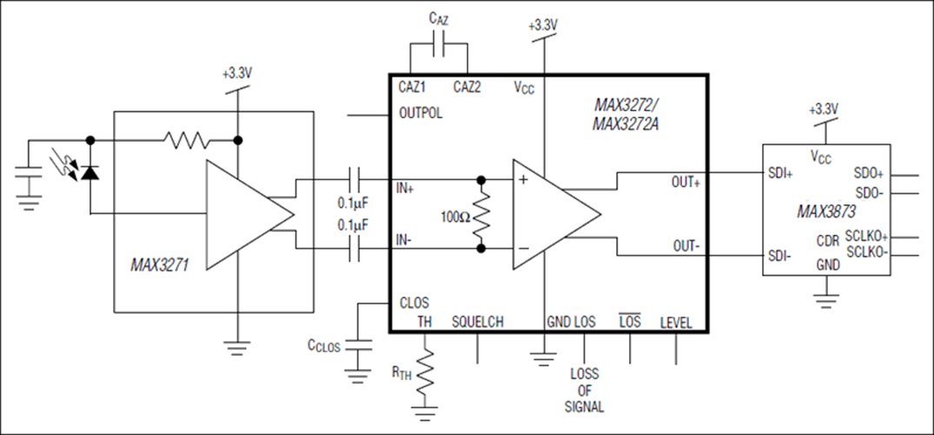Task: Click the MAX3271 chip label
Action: (159, 264)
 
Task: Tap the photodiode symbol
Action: (90, 173)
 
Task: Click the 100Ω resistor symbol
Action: (480, 214)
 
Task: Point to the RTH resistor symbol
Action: (426, 371)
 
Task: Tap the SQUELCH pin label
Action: (478, 322)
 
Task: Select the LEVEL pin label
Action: (676, 323)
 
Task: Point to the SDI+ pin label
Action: (780, 174)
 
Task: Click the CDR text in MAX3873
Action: (828, 241)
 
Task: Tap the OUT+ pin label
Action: (686, 182)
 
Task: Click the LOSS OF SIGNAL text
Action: (585, 391)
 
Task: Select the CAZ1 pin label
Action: (412, 87)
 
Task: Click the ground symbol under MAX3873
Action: (825, 299)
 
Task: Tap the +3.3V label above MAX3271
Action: (237, 74)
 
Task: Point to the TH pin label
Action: (425, 322)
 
